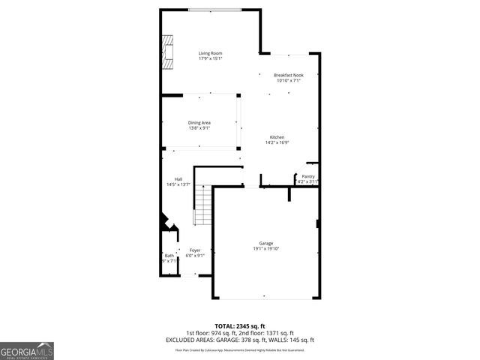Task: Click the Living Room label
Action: pyautogui.click(x=210, y=53)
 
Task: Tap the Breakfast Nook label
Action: pyautogui.click(x=288, y=75)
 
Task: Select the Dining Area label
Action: pyautogui.click(x=199, y=122)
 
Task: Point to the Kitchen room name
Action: pyautogui.click(x=277, y=136)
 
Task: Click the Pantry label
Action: pyautogui.click(x=308, y=176)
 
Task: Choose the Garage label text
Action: pyautogui.click(x=265, y=243)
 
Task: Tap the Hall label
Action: pyautogui.click(x=178, y=178)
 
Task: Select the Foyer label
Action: pyautogui.click(x=195, y=250)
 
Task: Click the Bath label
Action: pyautogui.click(x=169, y=256)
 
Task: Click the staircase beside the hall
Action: pyautogui.click(x=203, y=205)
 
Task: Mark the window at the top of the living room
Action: pyautogui.click(x=214, y=10)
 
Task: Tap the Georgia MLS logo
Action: pyautogui.click(x=27, y=350)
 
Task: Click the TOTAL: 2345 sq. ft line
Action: pyautogui.click(x=239, y=326)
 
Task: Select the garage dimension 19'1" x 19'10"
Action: pyautogui.click(x=265, y=249)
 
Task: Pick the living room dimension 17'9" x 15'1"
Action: pyautogui.click(x=210, y=58)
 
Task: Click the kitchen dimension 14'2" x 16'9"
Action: pyautogui.click(x=277, y=142)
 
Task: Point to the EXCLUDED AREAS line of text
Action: pyautogui.click(x=239, y=339)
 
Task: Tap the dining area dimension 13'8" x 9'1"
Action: pyautogui.click(x=199, y=127)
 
